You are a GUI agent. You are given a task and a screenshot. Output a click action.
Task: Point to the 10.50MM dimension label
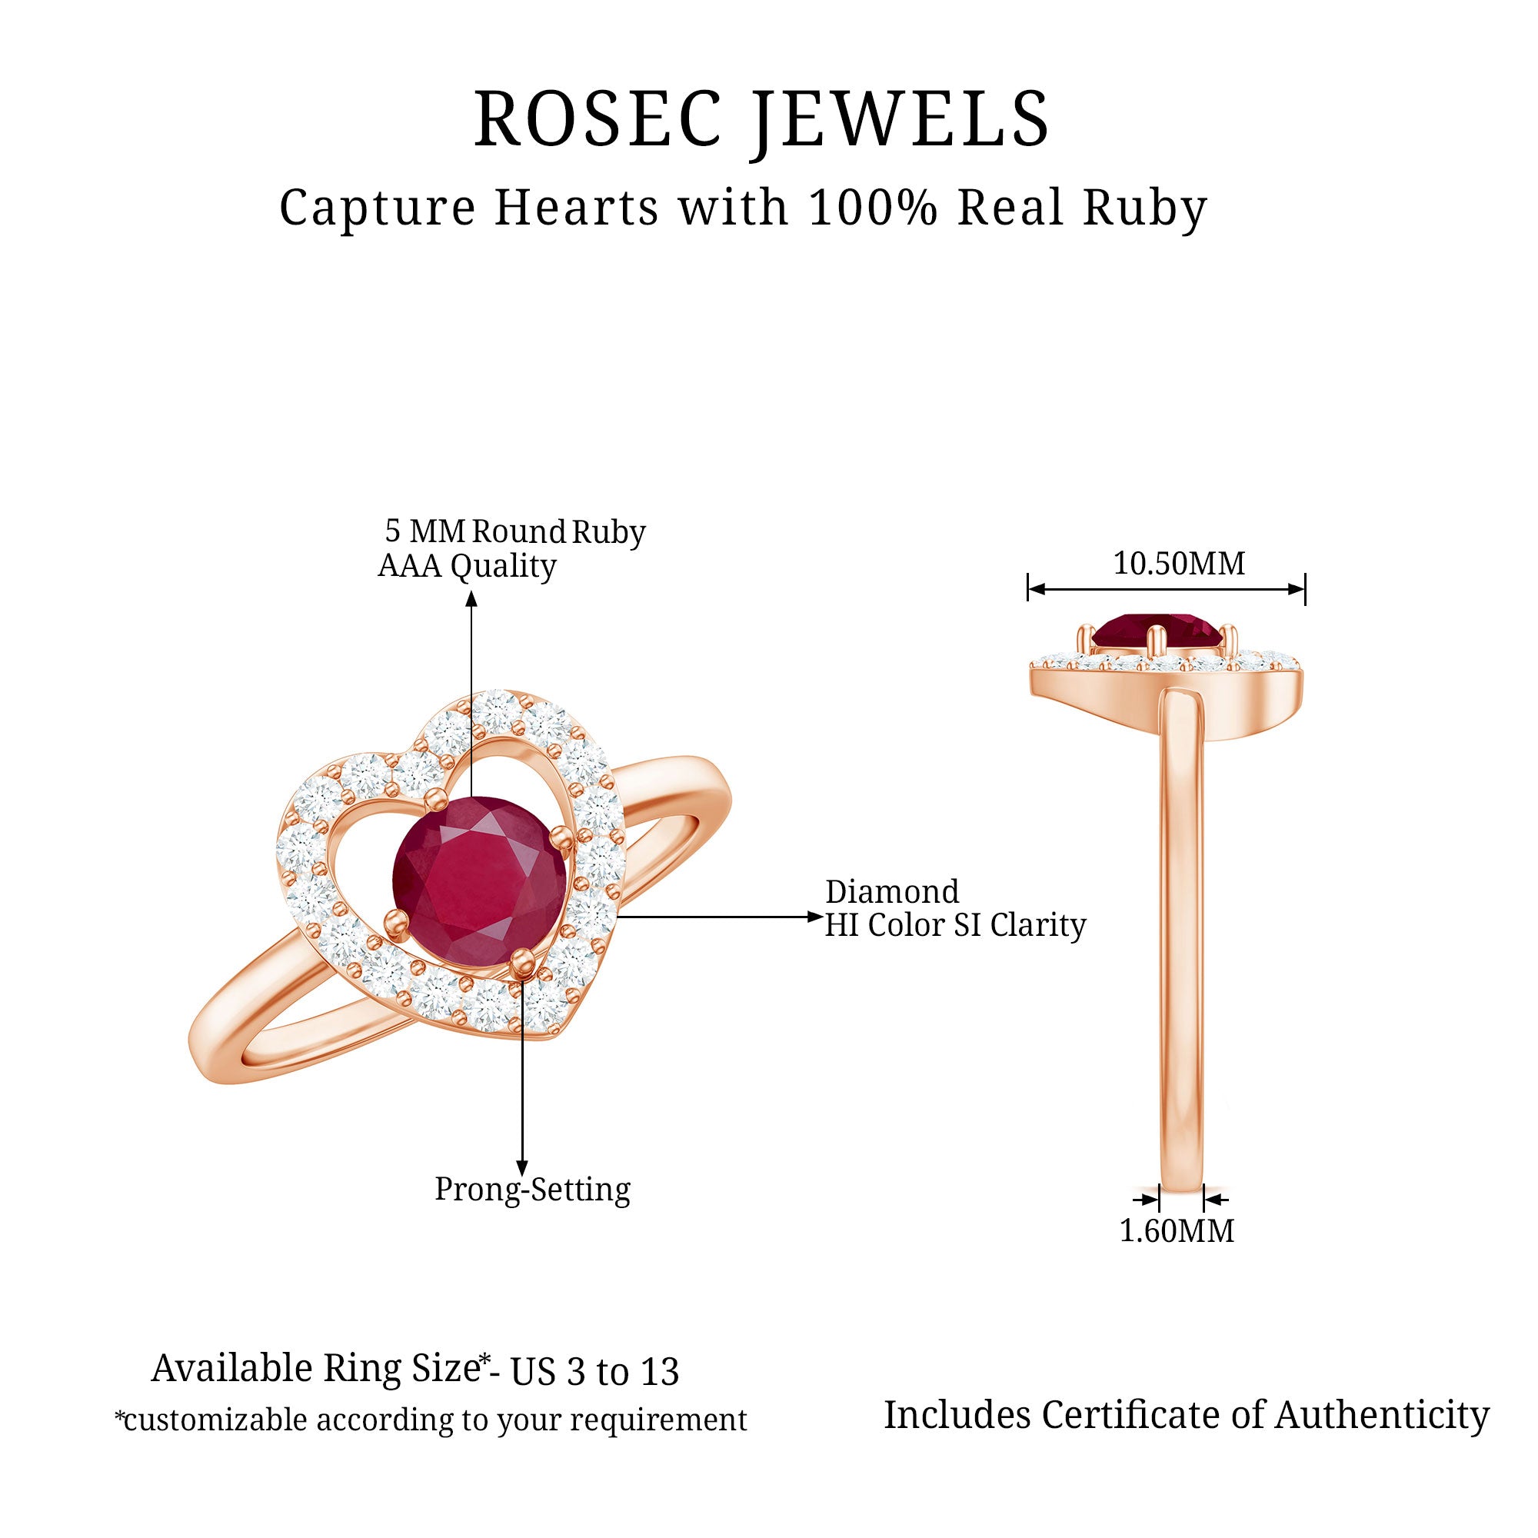(x=1179, y=564)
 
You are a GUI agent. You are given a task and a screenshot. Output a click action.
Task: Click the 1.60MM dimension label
(x=1177, y=1230)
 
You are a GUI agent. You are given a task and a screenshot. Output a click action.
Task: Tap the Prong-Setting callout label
(x=533, y=1190)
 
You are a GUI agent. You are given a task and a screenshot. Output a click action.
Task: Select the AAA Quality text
(x=467, y=566)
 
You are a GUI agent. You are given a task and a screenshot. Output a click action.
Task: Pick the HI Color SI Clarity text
(x=955, y=925)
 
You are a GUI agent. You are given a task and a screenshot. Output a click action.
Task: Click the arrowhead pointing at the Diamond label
(x=815, y=917)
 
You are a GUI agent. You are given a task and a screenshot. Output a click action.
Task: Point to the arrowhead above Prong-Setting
(x=522, y=1168)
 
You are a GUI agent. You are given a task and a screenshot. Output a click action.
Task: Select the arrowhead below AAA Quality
(x=471, y=598)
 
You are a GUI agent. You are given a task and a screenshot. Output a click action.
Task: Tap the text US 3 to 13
(x=594, y=1373)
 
